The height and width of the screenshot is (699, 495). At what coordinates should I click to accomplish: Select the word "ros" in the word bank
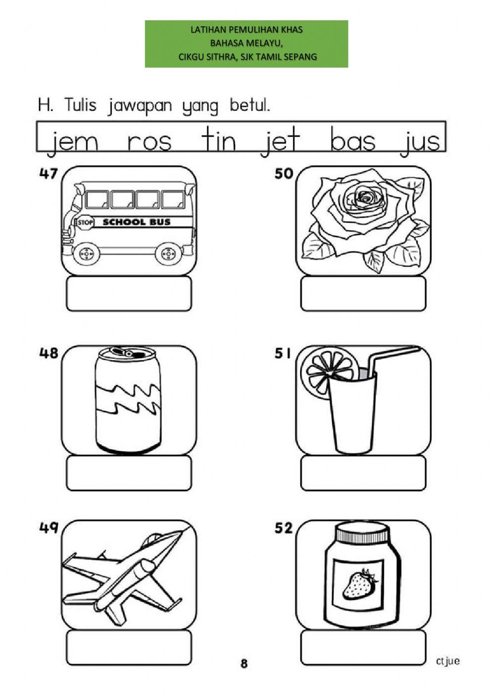(149, 141)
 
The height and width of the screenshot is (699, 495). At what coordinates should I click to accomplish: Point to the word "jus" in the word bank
(420, 141)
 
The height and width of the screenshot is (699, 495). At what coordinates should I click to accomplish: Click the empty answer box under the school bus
(129, 294)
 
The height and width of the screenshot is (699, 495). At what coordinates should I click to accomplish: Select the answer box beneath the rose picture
(363, 294)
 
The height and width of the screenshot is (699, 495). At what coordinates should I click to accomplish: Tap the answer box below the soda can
(129, 473)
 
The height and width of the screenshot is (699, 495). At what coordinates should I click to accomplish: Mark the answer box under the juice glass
(363, 473)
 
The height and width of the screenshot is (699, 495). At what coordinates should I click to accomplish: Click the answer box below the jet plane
(129, 648)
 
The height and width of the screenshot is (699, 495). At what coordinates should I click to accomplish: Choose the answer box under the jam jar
(363, 648)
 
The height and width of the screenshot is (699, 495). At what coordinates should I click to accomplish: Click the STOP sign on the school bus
(85, 223)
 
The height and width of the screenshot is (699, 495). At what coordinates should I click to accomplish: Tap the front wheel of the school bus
(87, 254)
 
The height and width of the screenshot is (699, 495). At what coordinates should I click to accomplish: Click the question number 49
(49, 528)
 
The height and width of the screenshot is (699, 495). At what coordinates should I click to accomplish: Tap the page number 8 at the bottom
(244, 663)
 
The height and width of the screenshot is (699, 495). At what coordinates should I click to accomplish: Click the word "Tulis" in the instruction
(80, 105)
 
